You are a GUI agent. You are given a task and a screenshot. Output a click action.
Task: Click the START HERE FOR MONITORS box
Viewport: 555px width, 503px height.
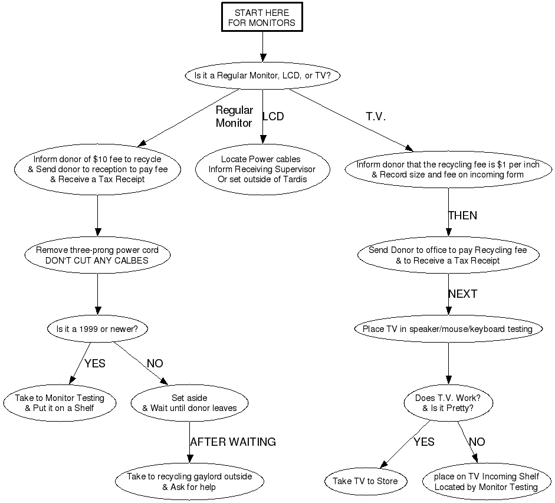(262, 18)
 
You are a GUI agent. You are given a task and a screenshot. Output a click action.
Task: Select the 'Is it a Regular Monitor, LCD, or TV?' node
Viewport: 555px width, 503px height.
(262, 76)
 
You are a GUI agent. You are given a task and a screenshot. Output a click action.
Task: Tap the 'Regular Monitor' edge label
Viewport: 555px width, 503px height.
(234, 117)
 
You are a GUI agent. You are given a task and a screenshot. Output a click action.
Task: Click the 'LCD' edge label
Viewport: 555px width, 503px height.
(273, 117)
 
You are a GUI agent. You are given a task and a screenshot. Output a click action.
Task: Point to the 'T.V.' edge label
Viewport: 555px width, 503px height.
(376, 117)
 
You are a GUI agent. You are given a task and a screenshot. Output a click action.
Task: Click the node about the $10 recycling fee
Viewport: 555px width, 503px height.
(97, 169)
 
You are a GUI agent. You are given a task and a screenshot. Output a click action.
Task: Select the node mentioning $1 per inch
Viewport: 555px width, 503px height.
(448, 170)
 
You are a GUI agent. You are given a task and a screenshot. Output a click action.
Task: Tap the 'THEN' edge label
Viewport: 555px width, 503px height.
(462, 216)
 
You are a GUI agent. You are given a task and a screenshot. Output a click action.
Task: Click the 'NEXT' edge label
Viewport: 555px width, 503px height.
(462, 294)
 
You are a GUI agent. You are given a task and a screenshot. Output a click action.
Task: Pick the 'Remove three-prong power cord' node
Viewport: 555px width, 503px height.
(97, 255)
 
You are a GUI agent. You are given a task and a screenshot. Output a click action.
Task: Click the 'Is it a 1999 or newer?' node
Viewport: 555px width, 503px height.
(97, 328)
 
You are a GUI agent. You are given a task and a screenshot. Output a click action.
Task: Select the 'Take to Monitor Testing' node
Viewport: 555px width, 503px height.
(60, 403)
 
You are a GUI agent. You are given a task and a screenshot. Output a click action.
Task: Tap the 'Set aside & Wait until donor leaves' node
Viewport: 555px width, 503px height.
(189, 403)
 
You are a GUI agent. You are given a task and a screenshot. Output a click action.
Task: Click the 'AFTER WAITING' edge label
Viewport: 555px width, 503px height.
(233, 442)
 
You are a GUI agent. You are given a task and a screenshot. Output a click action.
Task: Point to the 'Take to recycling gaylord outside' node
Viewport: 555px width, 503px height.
(189, 482)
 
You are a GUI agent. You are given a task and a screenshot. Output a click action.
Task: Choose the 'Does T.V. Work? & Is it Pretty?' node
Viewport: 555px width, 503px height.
(448, 403)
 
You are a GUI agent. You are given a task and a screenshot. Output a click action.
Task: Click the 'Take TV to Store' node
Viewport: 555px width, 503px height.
(365, 481)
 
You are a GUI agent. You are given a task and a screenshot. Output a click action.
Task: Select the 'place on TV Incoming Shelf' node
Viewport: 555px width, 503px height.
(486, 482)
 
